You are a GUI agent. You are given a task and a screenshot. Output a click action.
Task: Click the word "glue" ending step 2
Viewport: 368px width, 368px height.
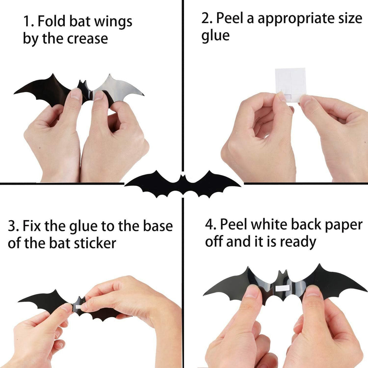pos(215,36)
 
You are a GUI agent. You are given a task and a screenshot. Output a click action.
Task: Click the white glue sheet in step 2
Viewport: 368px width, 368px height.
pos(290,83)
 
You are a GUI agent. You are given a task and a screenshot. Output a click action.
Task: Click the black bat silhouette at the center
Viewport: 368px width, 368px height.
pos(183,184)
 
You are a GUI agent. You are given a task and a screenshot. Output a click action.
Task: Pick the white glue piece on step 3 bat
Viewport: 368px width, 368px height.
pos(77,307)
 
